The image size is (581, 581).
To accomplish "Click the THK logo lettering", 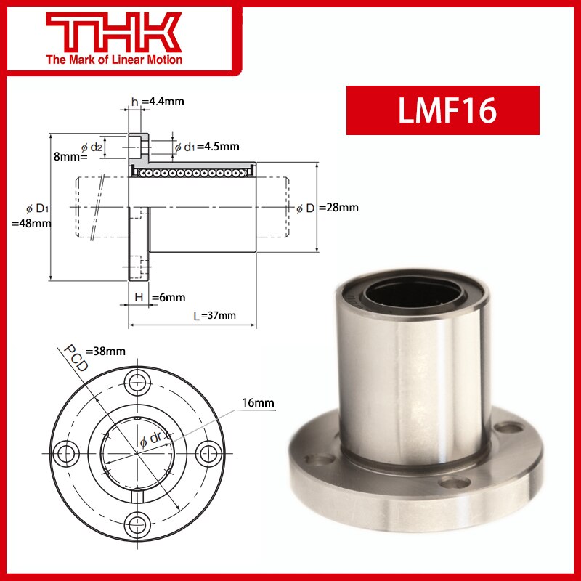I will click(x=114, y=32).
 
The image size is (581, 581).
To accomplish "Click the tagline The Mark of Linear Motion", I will click(x=114, y=60).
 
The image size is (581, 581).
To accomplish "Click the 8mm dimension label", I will click(x=70, y=156).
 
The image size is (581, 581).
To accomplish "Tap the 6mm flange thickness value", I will click(x=171, y=297).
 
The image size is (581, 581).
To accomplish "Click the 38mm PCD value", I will click(x=106, y=352).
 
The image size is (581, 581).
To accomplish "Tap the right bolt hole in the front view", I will click(x=206, y=452).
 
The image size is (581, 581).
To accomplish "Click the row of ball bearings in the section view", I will click(x=192, y=173).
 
